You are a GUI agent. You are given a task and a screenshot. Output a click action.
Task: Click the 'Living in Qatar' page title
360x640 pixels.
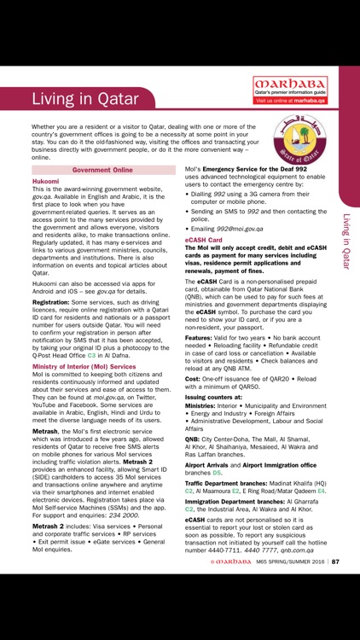[85, 98]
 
